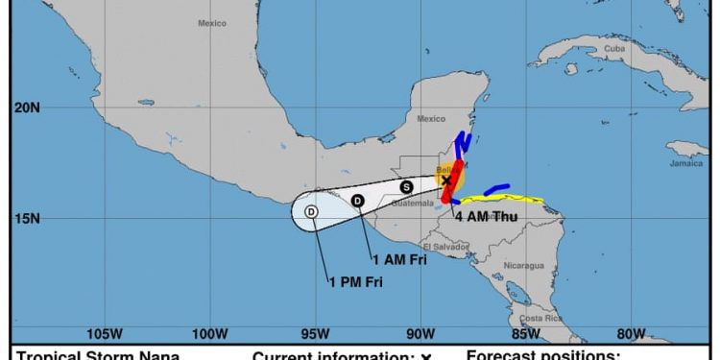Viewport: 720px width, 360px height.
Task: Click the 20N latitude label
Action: [x=27, y=108]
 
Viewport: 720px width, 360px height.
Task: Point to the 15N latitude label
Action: [x=27, y=218]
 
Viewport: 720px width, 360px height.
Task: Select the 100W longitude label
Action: [x=209, y=334]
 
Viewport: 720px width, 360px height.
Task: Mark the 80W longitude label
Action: [x=631, y=334]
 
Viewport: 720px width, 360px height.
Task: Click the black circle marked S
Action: [x=406, y=187]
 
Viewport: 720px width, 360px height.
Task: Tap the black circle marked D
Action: [x=357, y=201]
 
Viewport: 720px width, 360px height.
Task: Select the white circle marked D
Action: [x=311, y=211]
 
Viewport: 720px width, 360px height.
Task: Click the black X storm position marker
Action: [x=446, y=180]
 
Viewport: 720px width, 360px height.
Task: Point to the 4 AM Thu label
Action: [x=486, y=217]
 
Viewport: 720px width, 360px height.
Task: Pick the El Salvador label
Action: [x=450, y=247]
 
